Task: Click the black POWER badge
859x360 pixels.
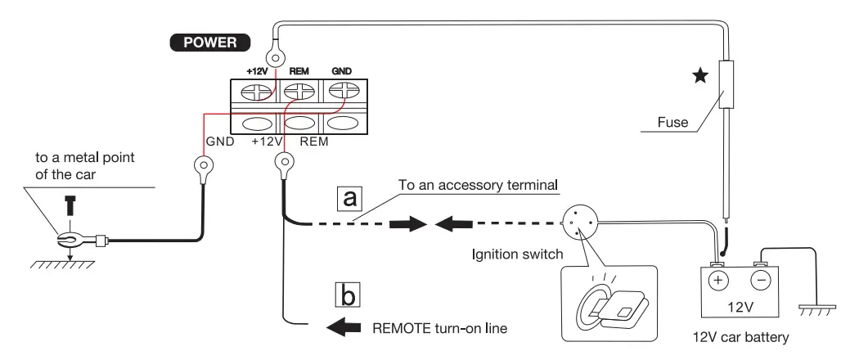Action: [209, 43]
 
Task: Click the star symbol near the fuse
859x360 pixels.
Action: [699, 75]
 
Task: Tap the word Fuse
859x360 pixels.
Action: [672, 122]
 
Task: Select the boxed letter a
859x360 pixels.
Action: [349, 199]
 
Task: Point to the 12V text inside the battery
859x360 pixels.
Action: [740, 307]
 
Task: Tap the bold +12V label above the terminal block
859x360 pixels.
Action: [257, 71]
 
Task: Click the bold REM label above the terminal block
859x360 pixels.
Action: [299, 71]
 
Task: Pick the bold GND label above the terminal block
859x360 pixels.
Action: [341, 71]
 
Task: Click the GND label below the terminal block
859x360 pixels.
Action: [220, 142]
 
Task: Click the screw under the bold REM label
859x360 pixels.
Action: [299, 91]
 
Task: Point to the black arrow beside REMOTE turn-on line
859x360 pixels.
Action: [344, 327]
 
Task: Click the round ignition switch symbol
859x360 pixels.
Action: [580, 223]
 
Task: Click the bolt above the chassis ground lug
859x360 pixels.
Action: [70, 205]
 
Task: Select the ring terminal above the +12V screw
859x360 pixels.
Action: [274, 56]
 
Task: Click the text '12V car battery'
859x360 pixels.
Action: [740, 337]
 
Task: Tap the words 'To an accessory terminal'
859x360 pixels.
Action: [478, 185]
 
